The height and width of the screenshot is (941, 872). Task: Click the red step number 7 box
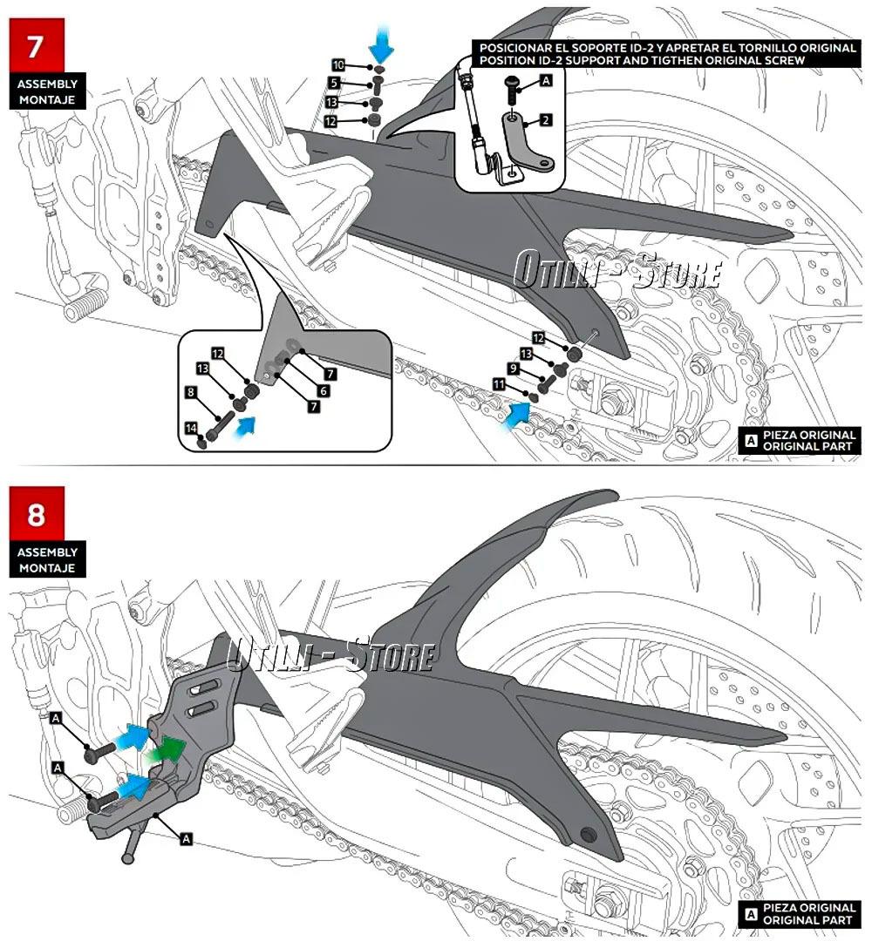coord(35,45)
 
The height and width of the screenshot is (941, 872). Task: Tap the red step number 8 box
coord(36,514)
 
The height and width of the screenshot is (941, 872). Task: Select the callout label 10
coord(338,65)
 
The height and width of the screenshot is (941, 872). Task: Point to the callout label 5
coord(335,83)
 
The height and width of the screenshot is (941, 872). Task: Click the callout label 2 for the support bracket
coord(546,120)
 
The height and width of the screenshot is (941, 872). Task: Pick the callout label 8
coord(191,392)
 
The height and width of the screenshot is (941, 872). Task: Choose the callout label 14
coord(192,428)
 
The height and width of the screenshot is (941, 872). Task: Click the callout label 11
coord(499,383)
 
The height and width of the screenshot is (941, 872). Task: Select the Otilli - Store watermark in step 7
coord(617,270)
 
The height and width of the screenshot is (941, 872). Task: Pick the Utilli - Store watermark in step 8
coord(331,655)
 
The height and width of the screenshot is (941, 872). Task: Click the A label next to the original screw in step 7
coord(547,80)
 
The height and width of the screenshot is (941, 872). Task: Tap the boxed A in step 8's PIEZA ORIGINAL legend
coord(750,913)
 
